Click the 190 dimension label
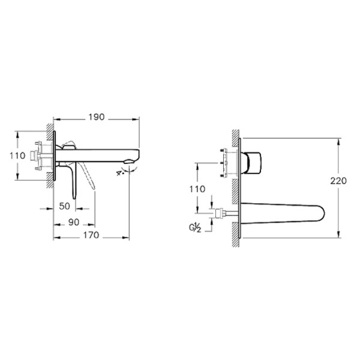click(x=97, y=118)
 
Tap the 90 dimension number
click(x=73, y=222)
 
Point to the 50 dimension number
click(x=65, y=206)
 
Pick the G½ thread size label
click(x=195, y=227)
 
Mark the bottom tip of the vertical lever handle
click(x=74, y=196)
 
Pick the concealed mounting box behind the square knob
click(x=228, y=161)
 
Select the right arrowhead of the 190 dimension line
click(x=137, y=118)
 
